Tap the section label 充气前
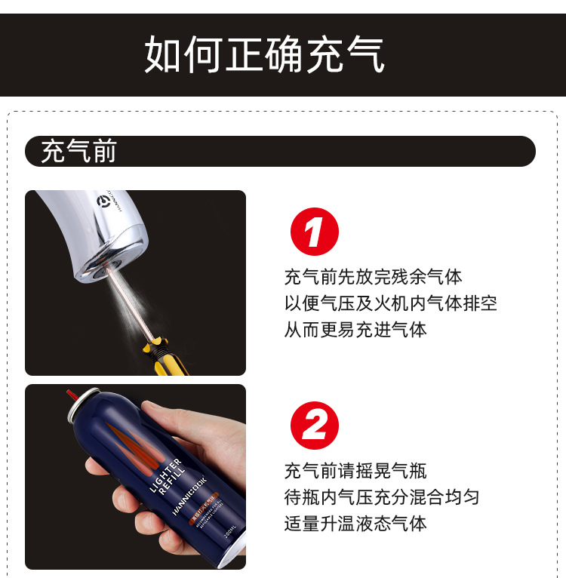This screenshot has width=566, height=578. pyautogui.click(x=78, y=152)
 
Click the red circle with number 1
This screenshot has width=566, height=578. pyautogui.click(x=315, y=232)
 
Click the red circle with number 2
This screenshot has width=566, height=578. pyautogui.click(x=315, y=426)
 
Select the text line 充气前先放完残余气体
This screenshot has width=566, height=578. pyautogui.click(x=373, y=277)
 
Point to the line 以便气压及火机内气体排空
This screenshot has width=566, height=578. pyautogui.click(x=390, y=303)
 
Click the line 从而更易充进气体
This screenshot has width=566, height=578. pyautogui.click(x=355, y=330)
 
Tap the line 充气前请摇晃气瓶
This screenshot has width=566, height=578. pyautogui.click(x=355, y=471)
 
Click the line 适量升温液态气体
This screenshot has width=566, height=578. pyautogui.click(x=355, y=524)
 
